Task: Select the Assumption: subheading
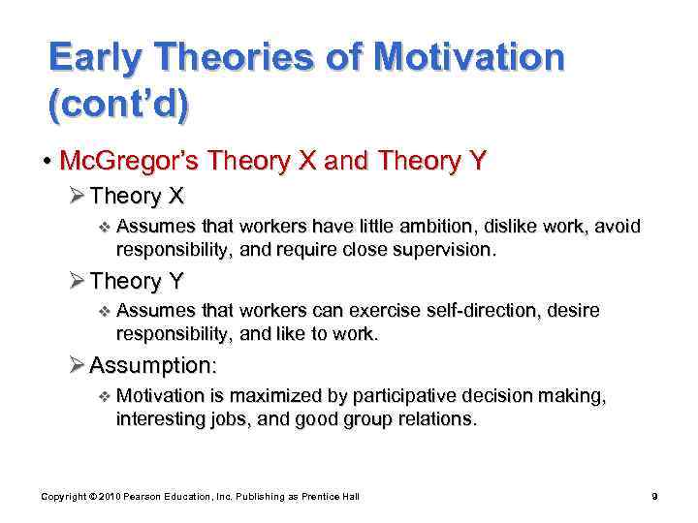coord(152,366)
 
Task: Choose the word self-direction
coord(475,312)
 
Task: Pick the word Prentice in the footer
coord(314,497)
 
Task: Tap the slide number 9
coord(655,497)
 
